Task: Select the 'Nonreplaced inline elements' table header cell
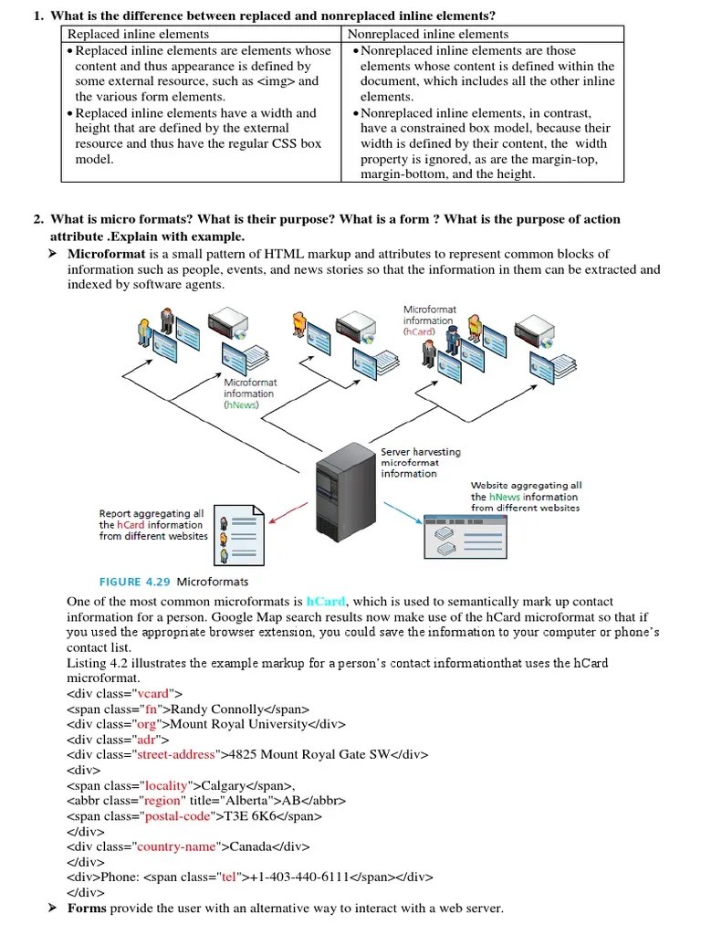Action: (x=428, y=34)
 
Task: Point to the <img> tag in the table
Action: (x=277, y=81)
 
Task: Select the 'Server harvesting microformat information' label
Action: (x=421, y=463)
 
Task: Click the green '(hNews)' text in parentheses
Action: (x=243, y=404)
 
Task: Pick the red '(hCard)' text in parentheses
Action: (x=420, y=332)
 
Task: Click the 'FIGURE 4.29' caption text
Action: (x=120, y=582)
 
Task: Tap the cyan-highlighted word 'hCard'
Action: (x=326, y=602)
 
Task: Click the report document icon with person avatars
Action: (x=239, y=534)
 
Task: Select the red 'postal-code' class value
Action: (x=177, y=816)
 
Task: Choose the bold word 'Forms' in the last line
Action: (x=87, y=909)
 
